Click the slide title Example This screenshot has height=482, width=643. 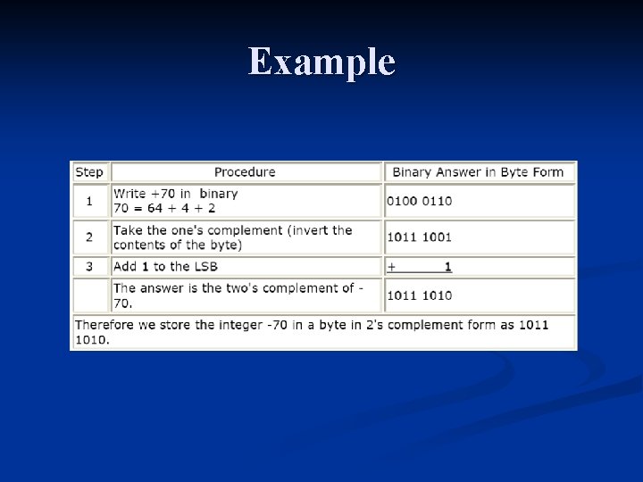pos(321,62)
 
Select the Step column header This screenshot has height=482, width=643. pos(89,172)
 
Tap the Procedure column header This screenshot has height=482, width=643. pos(245,172)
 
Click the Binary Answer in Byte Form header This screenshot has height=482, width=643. pos(478,172)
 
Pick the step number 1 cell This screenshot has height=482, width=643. pos(89,201)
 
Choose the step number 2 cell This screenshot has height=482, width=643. pos(89,237)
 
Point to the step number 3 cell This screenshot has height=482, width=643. pos(89,266)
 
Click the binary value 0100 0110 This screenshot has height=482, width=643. pos(419,201)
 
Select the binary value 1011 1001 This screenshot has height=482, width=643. pos(419,237)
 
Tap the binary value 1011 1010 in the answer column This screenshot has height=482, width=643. pos(419,295)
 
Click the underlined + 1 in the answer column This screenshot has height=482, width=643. pos(420,267)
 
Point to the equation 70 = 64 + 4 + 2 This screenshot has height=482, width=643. pos(164,208)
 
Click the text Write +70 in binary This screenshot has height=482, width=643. pos(175,194)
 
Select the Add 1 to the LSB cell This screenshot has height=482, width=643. pos(165,266)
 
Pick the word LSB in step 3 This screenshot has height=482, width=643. pos(205,266)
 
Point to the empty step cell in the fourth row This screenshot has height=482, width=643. pos(89,295)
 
